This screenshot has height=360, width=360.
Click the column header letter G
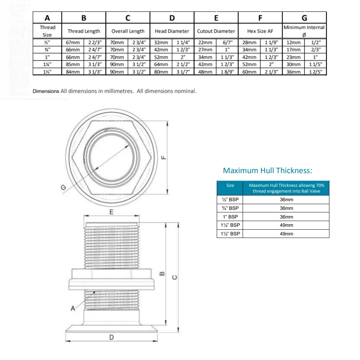pos(304,18)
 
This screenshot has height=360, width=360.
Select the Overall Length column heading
pos(128,31)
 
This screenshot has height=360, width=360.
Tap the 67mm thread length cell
pos(73,42)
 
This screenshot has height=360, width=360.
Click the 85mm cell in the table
pos(73,64)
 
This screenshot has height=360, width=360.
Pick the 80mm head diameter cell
pos(161,72)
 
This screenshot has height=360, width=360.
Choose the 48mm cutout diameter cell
pos(205,72)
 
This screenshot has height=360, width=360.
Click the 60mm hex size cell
pos(249,72)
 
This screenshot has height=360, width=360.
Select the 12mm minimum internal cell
pos(293,42)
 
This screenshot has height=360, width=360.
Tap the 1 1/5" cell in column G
pos(315,64)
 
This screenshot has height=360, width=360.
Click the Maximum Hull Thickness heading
pos(267,171)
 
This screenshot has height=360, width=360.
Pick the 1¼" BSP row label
pos(230,225)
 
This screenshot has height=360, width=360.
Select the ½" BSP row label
pos(230,199)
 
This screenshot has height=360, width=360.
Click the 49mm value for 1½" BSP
pos(286,234)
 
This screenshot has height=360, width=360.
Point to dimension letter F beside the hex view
pos(163,157)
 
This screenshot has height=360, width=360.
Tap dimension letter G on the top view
pos(63,187)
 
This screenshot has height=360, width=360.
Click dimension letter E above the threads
pos(111,212)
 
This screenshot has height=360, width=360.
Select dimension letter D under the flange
pos(112,337)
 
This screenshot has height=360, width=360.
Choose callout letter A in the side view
pos(73,308)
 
